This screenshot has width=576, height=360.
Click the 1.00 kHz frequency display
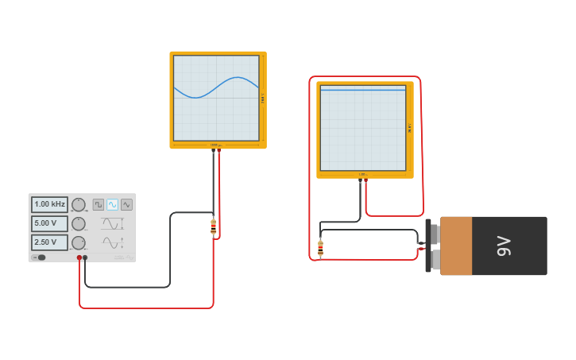point(49,204)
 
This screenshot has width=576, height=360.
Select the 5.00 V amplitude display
point(49,223)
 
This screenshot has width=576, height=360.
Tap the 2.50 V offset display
point(49,242)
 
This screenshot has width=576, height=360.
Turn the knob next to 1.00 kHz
point(79,204)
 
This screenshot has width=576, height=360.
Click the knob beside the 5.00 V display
point(79,223)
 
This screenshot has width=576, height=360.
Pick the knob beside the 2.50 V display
point(79,242)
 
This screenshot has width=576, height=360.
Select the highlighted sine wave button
point(112,204)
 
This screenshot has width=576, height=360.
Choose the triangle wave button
point(126,204)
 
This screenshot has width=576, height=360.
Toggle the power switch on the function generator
point(38,257)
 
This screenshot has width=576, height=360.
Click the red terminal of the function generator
point(79,257)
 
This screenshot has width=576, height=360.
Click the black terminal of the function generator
point(85,257)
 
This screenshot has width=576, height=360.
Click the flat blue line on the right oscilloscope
point(363,90)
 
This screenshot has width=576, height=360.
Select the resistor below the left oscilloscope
point(213,227)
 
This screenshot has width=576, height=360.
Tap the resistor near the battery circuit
point(320,248)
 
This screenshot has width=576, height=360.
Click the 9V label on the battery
point(503,246)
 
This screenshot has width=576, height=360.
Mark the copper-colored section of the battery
point(457,246)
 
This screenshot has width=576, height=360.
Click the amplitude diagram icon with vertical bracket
point(112,223)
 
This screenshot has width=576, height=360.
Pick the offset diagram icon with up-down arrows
point(112,242)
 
